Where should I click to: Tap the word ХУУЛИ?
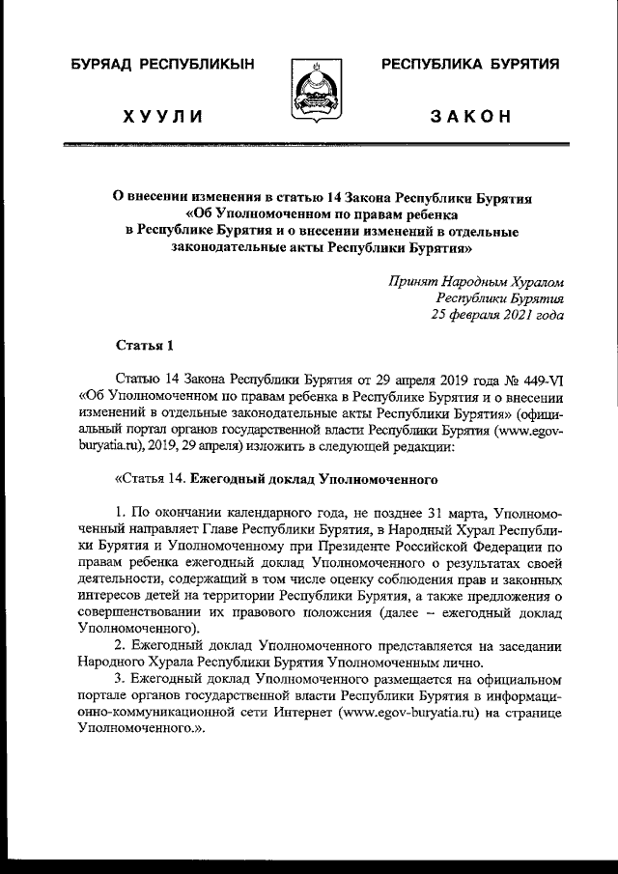(161, 118)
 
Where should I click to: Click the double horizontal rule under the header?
(309, 146)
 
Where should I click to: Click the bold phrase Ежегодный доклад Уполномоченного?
(315, 478)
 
